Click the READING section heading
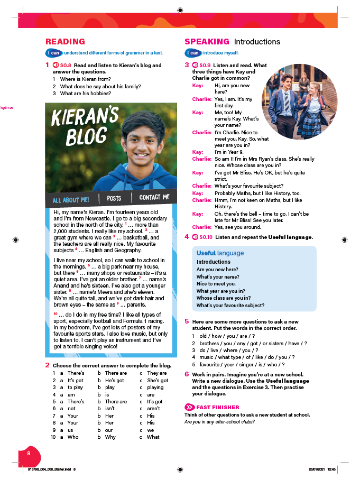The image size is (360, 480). point(65,42)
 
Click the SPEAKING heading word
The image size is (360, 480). point(207,42)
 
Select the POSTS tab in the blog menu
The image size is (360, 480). point(114,198)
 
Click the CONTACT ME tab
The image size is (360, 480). point(154,197)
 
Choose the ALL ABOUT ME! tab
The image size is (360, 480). point(71,200)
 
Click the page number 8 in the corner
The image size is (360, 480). point(29,453)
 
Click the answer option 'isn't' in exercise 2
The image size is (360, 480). point(110,409)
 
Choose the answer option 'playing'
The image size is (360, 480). point(155,387)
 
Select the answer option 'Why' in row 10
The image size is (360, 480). point(110,437)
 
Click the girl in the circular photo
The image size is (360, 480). point(317,98)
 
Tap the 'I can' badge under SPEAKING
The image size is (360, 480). point(193,53)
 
